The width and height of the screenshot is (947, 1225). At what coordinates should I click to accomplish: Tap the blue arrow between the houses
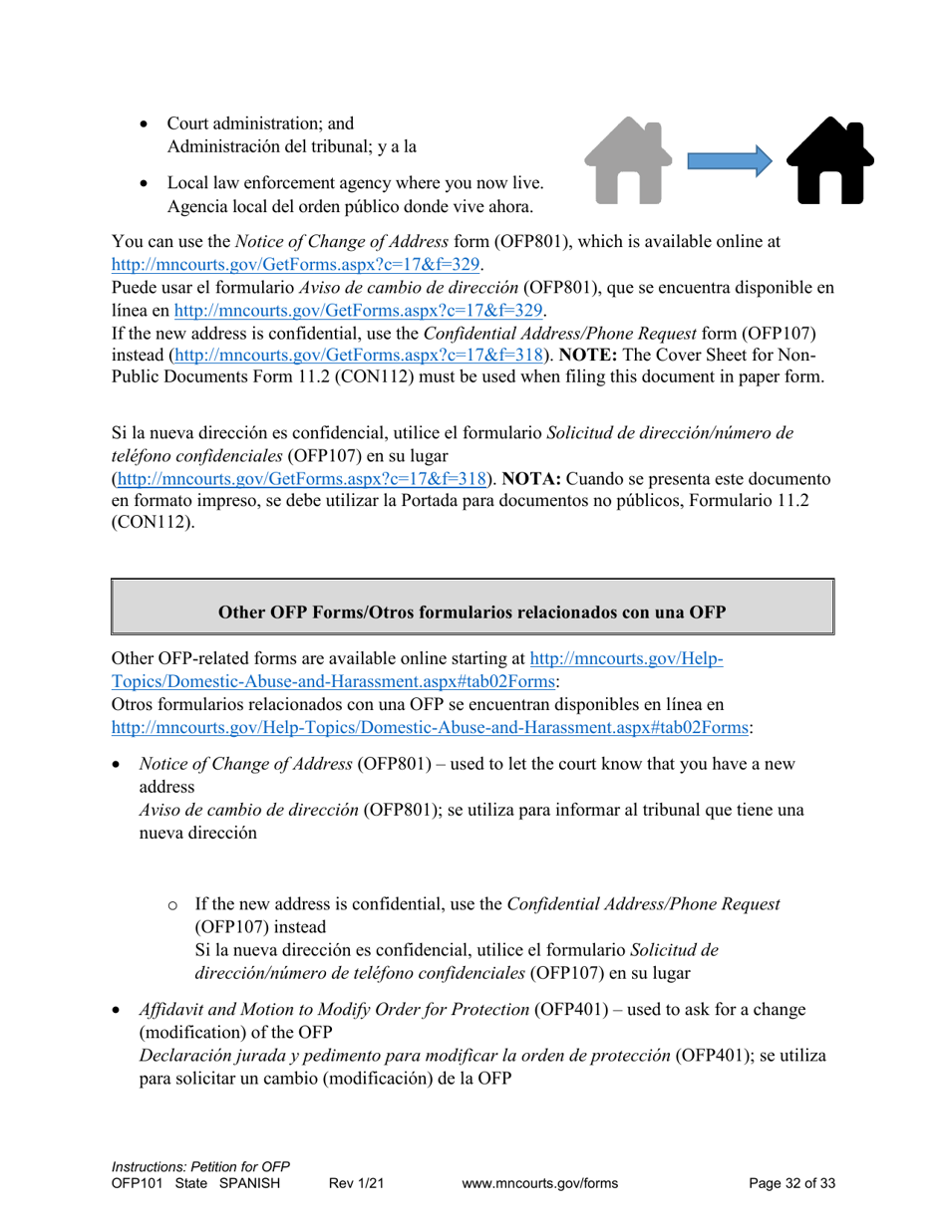pyautogui.click(x=730, y=159)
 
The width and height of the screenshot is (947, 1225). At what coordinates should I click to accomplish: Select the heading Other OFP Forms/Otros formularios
pyautogui.click(x=472, y=612)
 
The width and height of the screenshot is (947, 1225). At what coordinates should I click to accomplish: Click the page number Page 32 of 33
pyautogui.click(x=791, y=1183)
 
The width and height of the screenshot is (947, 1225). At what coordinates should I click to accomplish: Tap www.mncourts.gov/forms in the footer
pyautogui.click(x=540, y=1183)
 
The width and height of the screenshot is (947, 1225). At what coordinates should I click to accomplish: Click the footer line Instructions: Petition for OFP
pyautogui.click(x=200, y=1166)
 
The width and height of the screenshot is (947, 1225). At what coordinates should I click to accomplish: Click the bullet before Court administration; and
pyautogui.click(x=146, y=124)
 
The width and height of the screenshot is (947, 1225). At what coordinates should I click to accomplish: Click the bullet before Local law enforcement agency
pyautogui.click(x=146, y=184)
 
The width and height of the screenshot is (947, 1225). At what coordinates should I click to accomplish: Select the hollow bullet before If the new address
pyautogui.click(x=172, y=905)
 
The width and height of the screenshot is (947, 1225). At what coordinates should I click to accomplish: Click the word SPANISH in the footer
pyautogui.click(x=249, y=1183)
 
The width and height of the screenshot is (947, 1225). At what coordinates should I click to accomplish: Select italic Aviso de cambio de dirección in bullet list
pyautogui.click(x=248, y=810)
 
